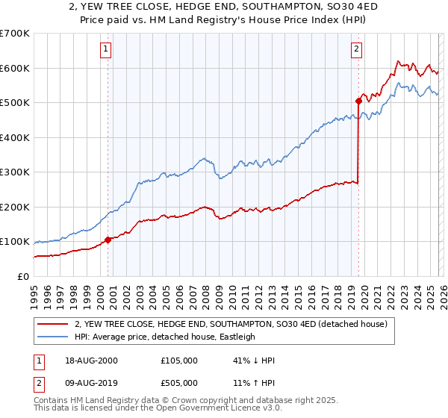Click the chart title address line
pyautogui.click(x=224, y=7)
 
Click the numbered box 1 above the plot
pyautogui.click(x=105, y=50)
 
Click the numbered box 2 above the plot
pyautogui.click(x=356, y=50)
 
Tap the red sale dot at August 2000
pyautogui.click(x=108, y=240)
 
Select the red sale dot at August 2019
pyautogui.click(x=358, y=101)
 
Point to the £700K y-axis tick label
pyautogui.click(x=15, y=34)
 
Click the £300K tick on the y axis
pyautogui.click(x=15, y=172)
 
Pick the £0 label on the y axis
pyautogui.click(x=22, y=276)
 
